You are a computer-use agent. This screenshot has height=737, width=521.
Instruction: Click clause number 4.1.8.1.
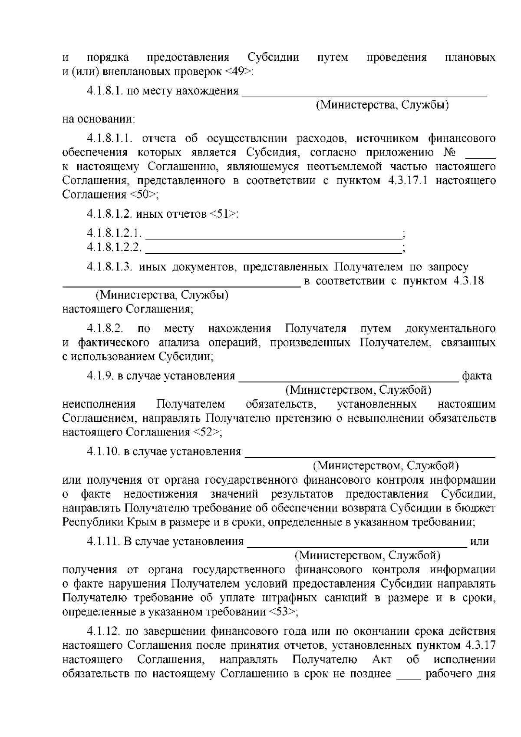click(105, 91)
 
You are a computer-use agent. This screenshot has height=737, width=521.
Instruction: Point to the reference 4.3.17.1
click(406, 180)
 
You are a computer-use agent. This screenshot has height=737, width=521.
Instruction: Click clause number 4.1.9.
click(100, 376)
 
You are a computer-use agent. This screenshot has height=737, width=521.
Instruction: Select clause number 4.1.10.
click(103, 451)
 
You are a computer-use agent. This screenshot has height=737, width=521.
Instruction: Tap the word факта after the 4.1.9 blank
click(477, 376)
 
